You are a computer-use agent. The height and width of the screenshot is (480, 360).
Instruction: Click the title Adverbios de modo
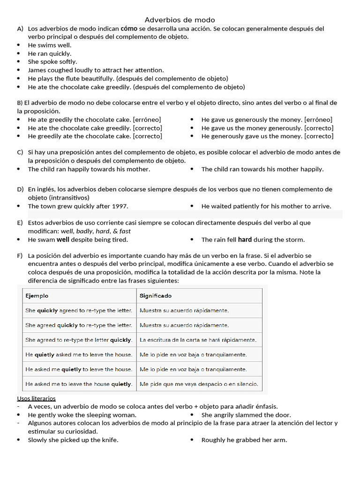pos(180,20)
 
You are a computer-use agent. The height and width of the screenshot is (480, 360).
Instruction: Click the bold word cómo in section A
pos(129,29)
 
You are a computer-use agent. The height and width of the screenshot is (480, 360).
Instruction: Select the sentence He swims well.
pos(50,45)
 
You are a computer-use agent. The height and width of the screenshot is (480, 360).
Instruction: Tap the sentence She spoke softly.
pos(52,62)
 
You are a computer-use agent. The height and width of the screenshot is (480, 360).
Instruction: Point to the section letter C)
pos(20,152)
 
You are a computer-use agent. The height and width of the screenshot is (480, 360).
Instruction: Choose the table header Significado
pos(156,296)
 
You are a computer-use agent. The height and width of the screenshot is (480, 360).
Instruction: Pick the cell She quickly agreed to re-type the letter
pos(79,310)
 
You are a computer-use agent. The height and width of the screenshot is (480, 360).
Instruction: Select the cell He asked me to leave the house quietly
pos(79,384)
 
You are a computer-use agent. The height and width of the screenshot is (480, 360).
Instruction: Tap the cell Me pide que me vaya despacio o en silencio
pos(199,384)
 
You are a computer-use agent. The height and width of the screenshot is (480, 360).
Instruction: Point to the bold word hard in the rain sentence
pos(245,240)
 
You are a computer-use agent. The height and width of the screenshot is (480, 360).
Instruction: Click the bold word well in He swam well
pos(63,240)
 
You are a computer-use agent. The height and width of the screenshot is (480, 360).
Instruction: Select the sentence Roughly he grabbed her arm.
pos(244,440)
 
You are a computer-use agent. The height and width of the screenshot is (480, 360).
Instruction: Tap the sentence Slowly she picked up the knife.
pos(73,440)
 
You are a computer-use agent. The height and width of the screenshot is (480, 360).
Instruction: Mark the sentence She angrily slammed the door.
pos(246,415)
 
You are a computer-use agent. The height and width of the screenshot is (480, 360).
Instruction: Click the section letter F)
pos(20,256)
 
